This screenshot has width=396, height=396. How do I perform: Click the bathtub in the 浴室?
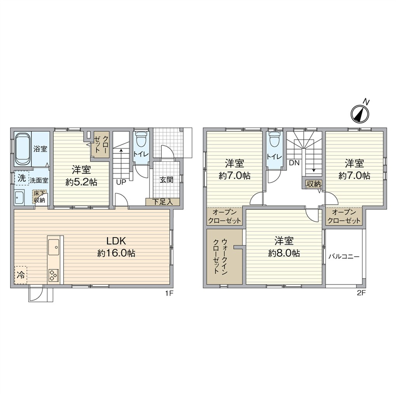click(23, 149)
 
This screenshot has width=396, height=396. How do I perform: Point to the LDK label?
click(116, 241)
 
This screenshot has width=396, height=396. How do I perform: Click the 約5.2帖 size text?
click(81, 182)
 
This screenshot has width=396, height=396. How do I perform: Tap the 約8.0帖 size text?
click(284, 253)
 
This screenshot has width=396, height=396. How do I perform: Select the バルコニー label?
click(344, 257)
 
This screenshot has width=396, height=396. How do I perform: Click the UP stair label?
click(121, 182)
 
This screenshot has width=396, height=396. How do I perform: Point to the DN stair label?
click(294, 163)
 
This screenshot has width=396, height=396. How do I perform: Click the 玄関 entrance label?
click(166, 180)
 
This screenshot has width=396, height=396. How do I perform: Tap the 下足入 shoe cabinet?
click(163, 202)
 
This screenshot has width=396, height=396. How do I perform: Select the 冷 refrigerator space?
click(21, 275)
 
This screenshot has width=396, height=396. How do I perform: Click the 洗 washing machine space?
click(22, 178)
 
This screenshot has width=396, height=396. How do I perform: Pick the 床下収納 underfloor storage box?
click(40, 197)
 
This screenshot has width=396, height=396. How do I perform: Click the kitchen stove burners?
click(54, 275)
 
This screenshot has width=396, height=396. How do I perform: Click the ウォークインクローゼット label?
click(221, 257)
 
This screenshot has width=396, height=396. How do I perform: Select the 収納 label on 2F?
click(313, 184)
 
